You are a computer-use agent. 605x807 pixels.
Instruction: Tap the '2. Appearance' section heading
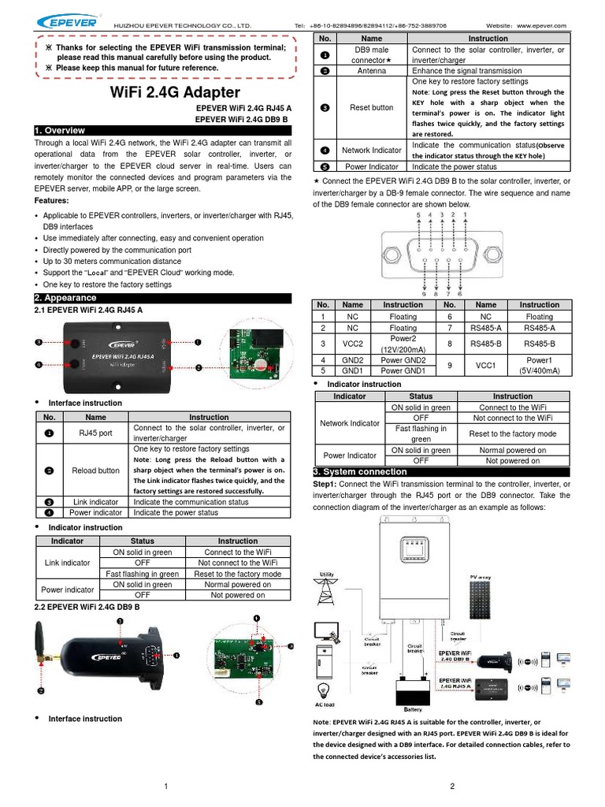coord(65,298)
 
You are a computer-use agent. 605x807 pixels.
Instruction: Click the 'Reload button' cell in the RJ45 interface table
coord(95,470)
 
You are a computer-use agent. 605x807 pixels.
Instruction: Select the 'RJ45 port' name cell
coord(95,433)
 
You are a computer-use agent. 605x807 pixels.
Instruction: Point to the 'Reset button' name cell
coord(371,107)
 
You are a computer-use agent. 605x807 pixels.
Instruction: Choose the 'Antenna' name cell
coord(371,71)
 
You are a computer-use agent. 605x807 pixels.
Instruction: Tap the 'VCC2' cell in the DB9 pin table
coord(353,344)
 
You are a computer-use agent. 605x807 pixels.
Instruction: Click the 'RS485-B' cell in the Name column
coord(486,344)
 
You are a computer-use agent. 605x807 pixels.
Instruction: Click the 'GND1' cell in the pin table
coord(353,370)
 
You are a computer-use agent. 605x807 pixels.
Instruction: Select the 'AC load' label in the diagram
coord(325,704)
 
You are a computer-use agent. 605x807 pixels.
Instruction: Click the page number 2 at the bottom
coord(453,786)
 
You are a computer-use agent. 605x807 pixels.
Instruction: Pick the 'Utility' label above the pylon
coord(325,573)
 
